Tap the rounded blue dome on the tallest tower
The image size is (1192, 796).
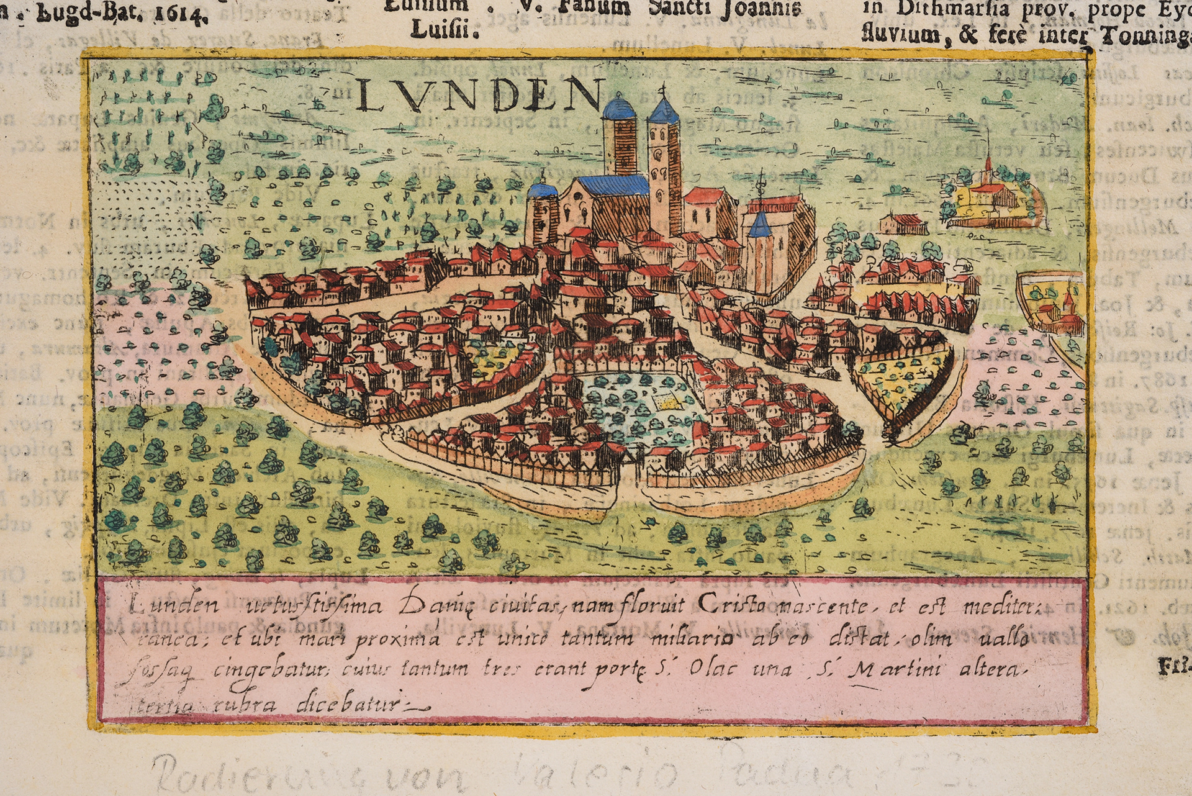point(620,109)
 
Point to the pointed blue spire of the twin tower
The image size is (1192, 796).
point(663,111)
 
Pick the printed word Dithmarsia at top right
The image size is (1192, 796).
point(991,10)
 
